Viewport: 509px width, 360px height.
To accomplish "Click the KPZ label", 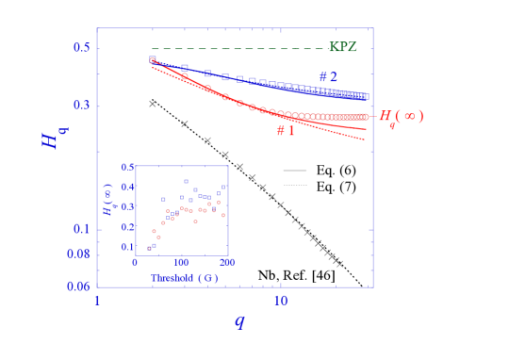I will point(342,47).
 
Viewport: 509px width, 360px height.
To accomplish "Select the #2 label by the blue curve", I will point(327,77).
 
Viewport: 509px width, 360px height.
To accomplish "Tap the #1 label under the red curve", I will point(286,131).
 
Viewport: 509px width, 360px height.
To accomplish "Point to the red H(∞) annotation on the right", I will point(401,116).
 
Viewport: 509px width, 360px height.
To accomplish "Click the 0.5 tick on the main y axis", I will point(81,48).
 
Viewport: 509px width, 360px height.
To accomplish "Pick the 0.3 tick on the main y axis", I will point(81,105).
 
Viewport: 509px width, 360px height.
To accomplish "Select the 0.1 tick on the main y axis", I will point(81,229).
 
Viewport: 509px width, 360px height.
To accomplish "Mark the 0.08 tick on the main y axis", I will point(79,254).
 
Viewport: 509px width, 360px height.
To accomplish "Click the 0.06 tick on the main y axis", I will point(79,286).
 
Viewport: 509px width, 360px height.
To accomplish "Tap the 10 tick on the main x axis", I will point(281,301).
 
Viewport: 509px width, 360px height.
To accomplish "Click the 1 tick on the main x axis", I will point(97,301).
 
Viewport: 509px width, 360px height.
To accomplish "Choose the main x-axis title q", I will point(238,321).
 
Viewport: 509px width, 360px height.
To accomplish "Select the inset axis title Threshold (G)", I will point(185,278).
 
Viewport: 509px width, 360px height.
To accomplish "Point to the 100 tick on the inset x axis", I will point(181,262).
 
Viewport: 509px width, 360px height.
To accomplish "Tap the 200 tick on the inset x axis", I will point(226,262).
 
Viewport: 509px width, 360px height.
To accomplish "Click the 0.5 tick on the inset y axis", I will point(127,167).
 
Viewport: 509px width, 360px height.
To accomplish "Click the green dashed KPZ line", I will point(236,49).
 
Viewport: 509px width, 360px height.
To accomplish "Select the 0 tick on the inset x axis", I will point(136,262).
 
